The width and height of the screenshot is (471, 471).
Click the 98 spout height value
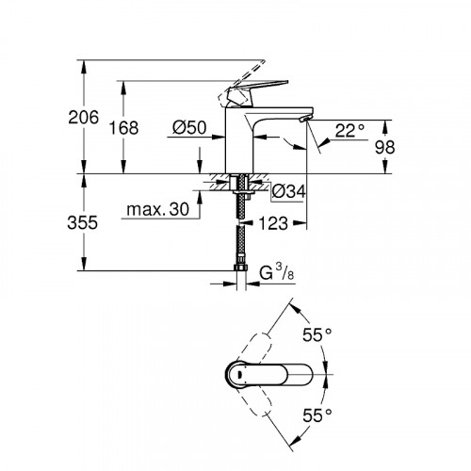413,147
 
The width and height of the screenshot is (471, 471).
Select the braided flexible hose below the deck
242,240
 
